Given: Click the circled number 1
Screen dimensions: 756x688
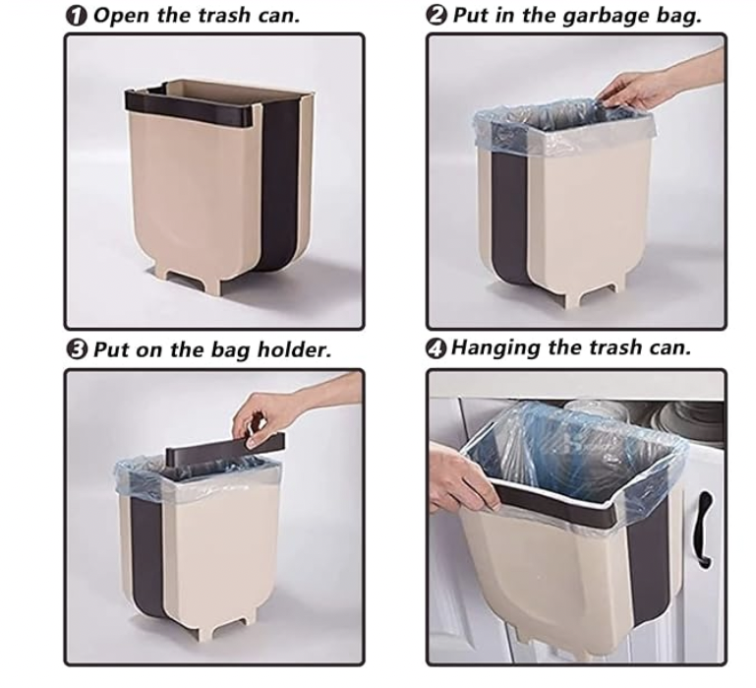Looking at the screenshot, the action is (x=76, y=16).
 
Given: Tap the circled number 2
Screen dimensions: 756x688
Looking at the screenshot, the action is (x=436, y=16).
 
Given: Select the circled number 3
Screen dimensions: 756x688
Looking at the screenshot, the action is (x=77, y=349).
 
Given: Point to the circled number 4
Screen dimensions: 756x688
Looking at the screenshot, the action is (x=436, y=348).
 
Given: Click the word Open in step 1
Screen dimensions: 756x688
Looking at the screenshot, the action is (x=123, y=17).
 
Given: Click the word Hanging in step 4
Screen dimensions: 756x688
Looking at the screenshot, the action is (x=495, y=349).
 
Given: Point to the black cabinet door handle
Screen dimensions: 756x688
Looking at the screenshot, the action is (x=704, y=530).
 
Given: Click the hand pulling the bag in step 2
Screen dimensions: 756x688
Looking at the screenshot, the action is (x=641, y=91).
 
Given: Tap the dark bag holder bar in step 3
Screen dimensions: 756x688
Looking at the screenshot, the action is (x=225, y=449).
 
